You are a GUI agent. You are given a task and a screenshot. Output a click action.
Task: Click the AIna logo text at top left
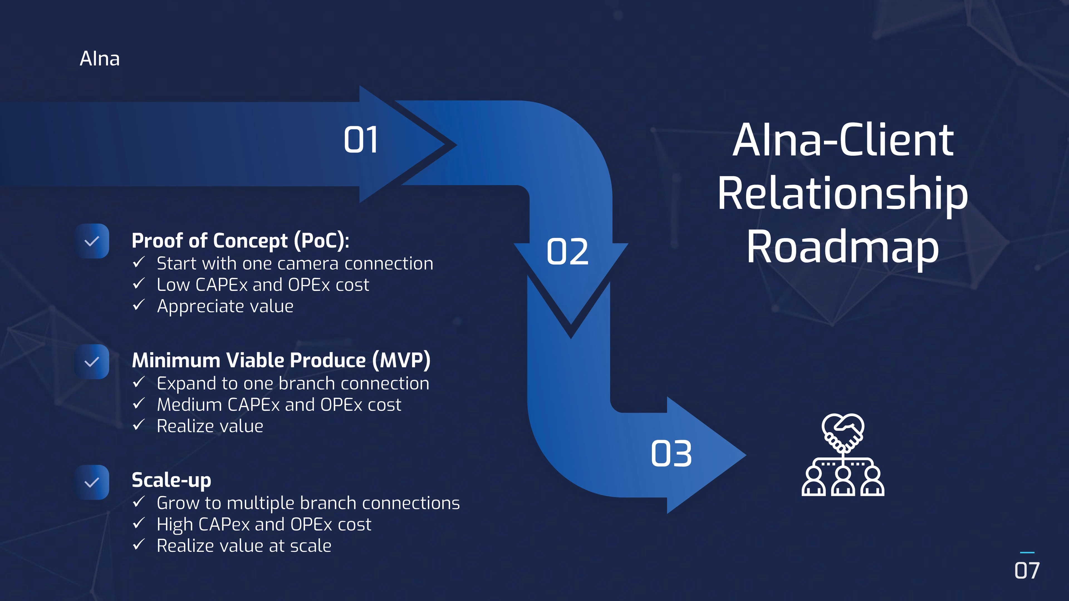coord(100,58)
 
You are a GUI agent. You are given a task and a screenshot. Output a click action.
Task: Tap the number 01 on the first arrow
coord(361,140)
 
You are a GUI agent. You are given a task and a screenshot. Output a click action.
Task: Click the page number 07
coord(1027,571)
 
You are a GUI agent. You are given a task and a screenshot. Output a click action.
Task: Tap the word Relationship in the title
coord(843,194)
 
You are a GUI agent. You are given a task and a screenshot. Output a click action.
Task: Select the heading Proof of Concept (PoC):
coord(240,241)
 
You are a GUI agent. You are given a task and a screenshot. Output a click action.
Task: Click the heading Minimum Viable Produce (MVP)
coord(281,360)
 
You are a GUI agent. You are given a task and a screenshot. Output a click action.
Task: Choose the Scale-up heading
coord(171,480)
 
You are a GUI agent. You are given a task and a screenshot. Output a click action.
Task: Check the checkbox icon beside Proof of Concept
coord(92,241)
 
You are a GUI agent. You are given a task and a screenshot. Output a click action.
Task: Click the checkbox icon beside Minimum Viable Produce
coord(92,362)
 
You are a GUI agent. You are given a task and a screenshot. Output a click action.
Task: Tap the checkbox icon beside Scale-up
coord(92,482)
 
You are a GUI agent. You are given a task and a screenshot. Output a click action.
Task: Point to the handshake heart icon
coord(843,455)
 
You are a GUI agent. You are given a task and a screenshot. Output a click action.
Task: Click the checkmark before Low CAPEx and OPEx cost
coord(139,284)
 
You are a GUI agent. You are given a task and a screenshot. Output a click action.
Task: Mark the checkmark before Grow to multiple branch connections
coord(139,502)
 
